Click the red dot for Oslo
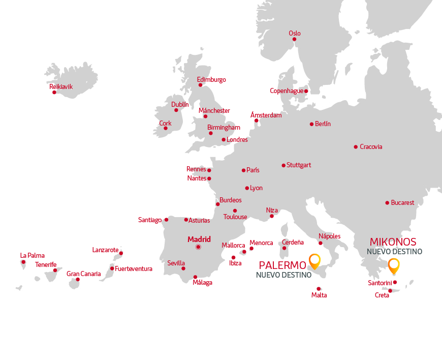click(x=294, y=39)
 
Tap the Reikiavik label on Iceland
click(x=61, y=87)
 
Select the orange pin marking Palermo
click(x=315, y=261)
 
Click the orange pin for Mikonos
click(x=393, y=265)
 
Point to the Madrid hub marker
click(x=199, y=247)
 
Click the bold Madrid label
click(x=199, y=239)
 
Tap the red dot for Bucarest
click(x=387, y=203)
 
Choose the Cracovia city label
click(x=371, y=147)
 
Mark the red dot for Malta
click(x=319, y=289)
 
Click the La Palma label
click(x=33, y=255)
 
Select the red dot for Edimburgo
click(x=200, y=85)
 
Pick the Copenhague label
click(x=287, y=91)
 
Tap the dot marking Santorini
click(x=395, y=283)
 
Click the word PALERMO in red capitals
click(x=282, y=265)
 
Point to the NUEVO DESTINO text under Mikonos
click(x=394, y=252)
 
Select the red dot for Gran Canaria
click(x=78, y=279)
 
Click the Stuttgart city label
click(x=299, y=165)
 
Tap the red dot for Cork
click(x=166, y=128)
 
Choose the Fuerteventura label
click(x=134, y=268)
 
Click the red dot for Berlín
click(x=311, y=124)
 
